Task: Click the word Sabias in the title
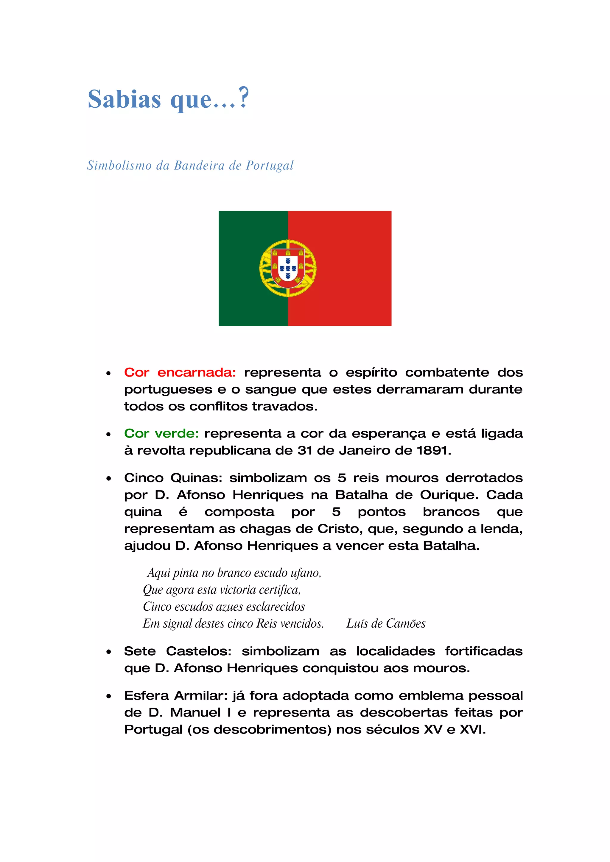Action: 124,99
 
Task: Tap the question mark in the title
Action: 244,98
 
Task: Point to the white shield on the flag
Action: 288,268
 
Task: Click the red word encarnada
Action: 196,372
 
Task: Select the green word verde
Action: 177,433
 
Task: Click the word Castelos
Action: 198,651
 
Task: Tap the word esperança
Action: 389,434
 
